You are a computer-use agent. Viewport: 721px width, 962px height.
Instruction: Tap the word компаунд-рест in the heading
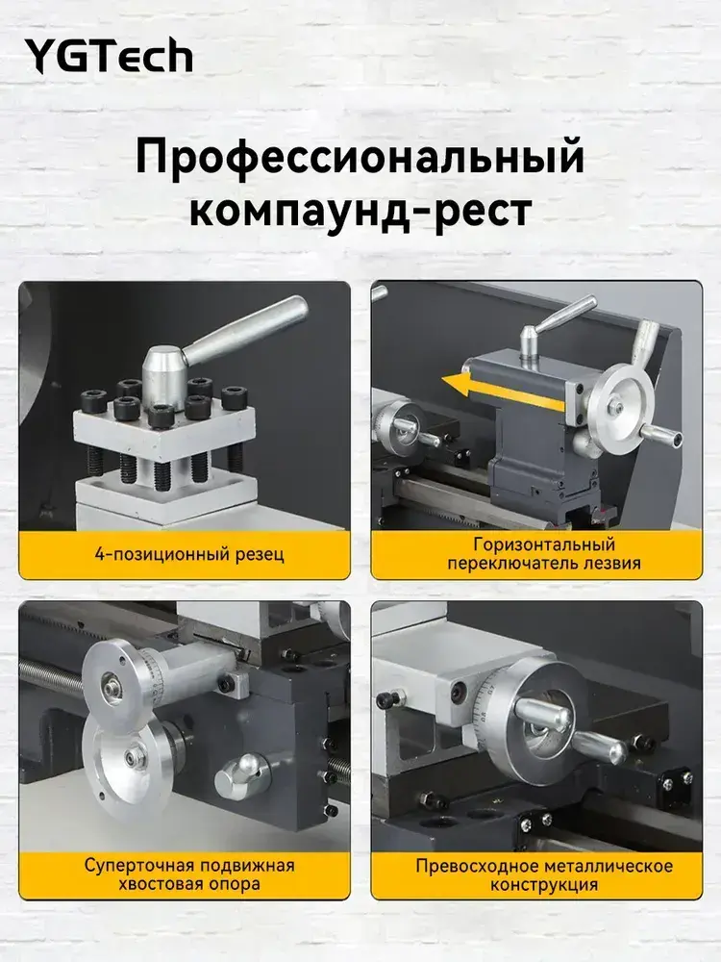coord(360,211)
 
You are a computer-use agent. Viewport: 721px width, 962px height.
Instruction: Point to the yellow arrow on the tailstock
coord(503,391)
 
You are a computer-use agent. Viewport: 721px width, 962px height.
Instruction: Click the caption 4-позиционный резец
coord(189,555)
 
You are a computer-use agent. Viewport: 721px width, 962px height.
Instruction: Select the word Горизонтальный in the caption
coord(544,544)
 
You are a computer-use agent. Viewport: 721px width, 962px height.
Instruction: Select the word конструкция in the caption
coord(544,885)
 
